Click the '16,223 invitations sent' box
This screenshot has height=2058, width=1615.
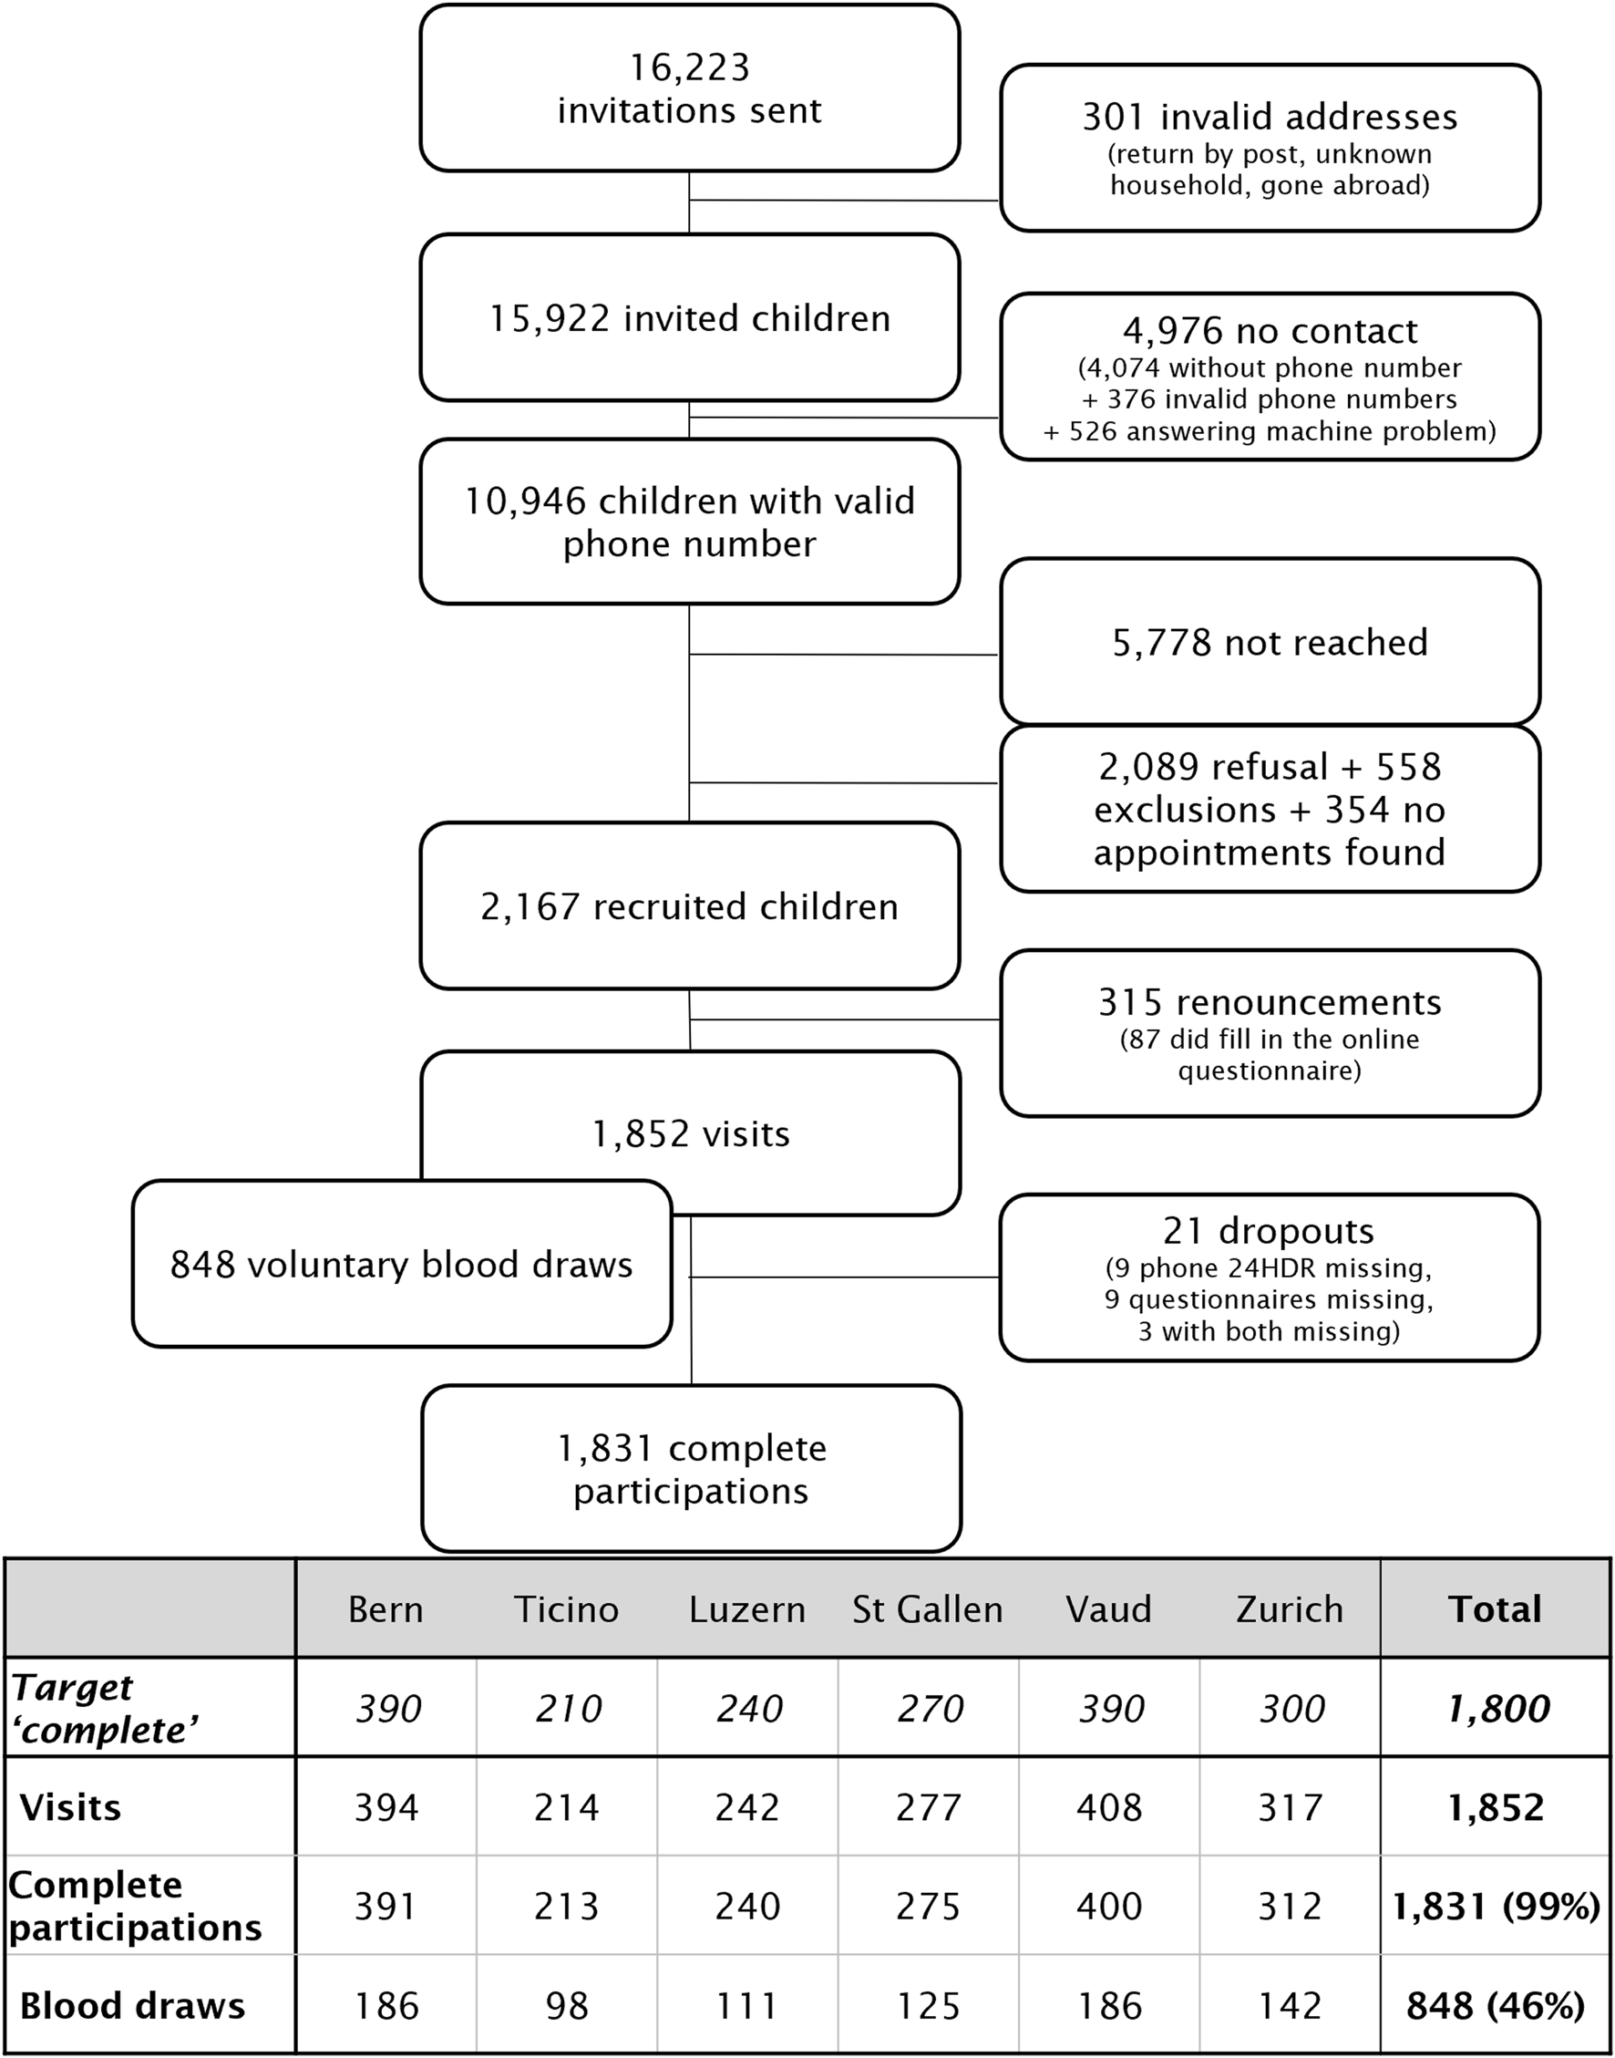click(x=689, y=88)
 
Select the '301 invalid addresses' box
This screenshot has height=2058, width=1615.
click(x=1269, y=148)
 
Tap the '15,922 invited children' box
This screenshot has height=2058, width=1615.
click(x=689, y=318)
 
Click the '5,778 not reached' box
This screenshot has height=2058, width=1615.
click(x=1269, y=642)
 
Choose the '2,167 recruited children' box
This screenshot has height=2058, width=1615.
click(x=689, y=906)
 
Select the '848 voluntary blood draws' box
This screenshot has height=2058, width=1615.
click(x=401, y=1264)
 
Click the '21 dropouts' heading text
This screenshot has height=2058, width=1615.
click(x=1269, y=1230)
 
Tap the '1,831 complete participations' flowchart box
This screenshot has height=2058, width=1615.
click(x=690, y=1469)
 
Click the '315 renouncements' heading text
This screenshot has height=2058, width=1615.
click(x=1269, y=1001)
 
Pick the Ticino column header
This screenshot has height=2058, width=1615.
click(x=566, y=1608)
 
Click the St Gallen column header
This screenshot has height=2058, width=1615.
click(x=928, y=1608)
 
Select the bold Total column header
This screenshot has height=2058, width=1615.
click(x=1495, y=1608)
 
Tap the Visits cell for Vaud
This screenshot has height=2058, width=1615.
click(x=1109, y=1807)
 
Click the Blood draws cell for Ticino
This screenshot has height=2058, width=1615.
click(x=566, y=2005)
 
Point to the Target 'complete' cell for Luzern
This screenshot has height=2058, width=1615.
click(x=748, y=1708)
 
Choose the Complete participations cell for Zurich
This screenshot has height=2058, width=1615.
click(x=1290, y=1906)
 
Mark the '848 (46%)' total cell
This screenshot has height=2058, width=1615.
click(x=1495, y=2005)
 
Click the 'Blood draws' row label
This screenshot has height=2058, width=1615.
click(x=132, y=2005)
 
